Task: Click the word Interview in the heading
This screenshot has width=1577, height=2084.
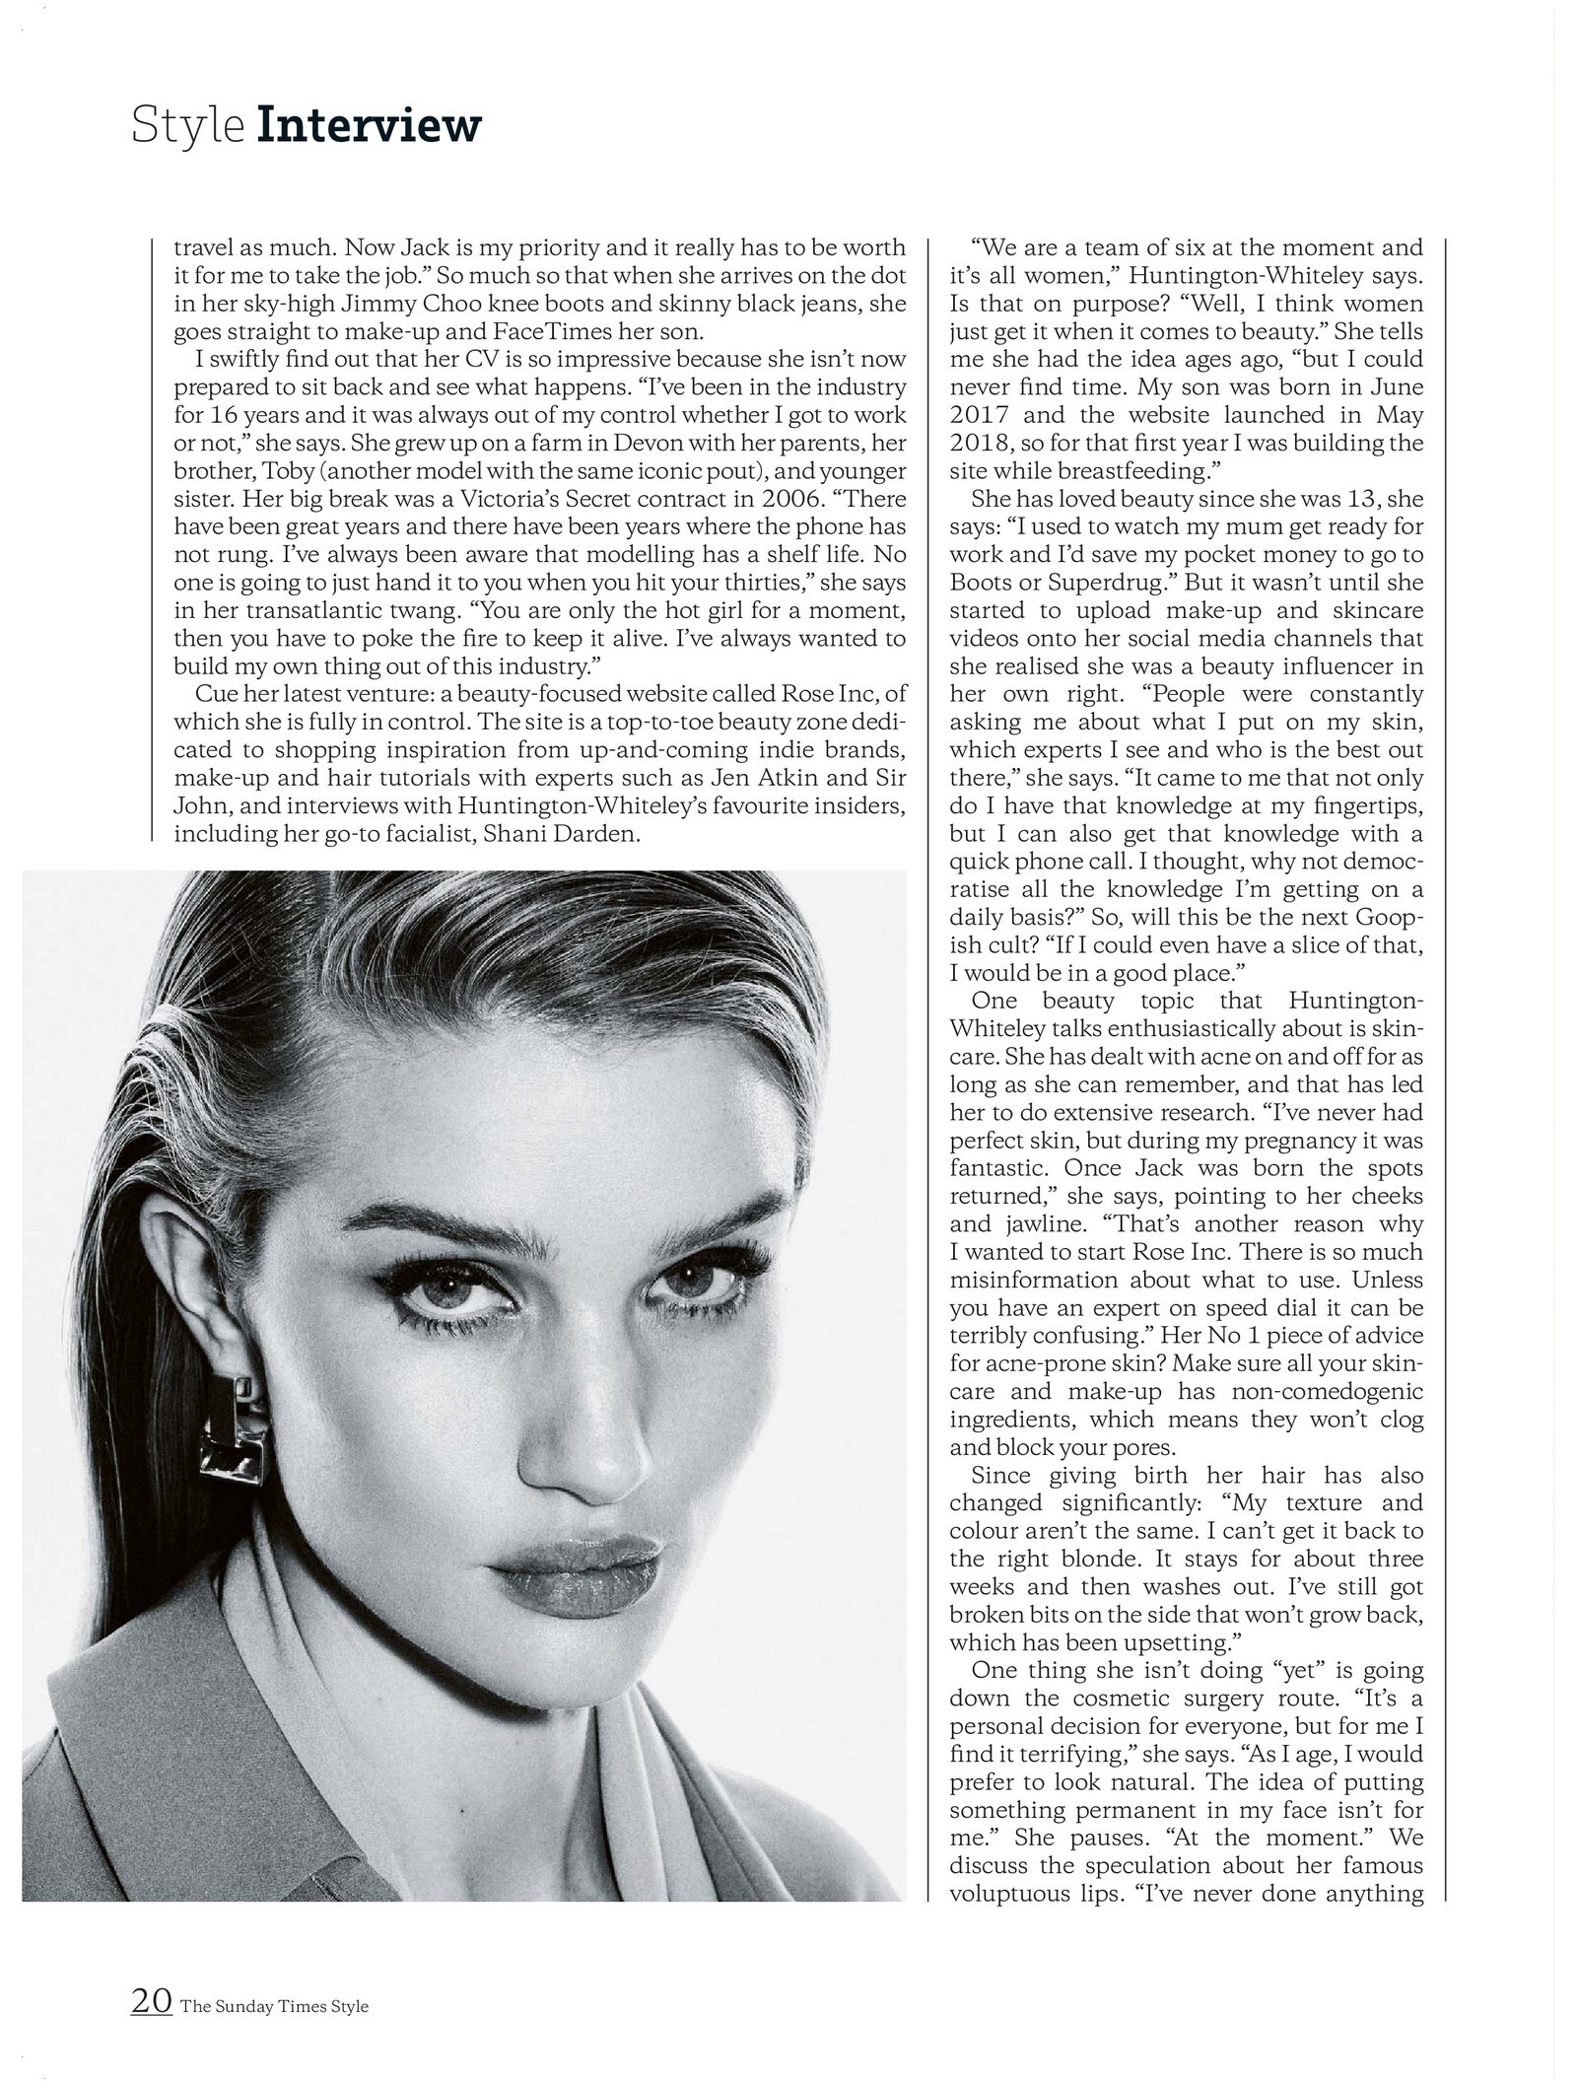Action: tap(369, 127)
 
